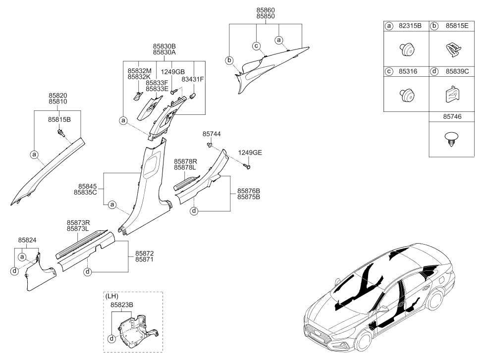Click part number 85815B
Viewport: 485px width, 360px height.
[59, 119]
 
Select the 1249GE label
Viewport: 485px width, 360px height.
[250, 153]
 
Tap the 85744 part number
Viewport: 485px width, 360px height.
[212, 134]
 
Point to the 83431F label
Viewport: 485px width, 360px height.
[193, 80]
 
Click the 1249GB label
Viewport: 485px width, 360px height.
[172, 72]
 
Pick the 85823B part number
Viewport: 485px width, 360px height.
[122, 305]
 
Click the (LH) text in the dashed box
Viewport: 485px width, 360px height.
[111, 296]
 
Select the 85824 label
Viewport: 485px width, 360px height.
[27, 240]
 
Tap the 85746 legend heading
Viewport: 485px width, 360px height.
[452, 116]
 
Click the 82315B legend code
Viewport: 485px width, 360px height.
[410, 26]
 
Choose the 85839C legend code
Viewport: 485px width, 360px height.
[457, 71]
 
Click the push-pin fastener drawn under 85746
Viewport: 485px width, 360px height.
[451, 140]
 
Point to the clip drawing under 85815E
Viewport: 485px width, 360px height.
[453, 50]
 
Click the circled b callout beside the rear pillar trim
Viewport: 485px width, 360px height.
[229, 60]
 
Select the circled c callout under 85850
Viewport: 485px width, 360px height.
[256, 46]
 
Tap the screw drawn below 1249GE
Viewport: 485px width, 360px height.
[247, 167]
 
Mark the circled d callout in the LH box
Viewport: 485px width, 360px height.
[111, 339]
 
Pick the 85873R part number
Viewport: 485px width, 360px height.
[78, 223]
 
